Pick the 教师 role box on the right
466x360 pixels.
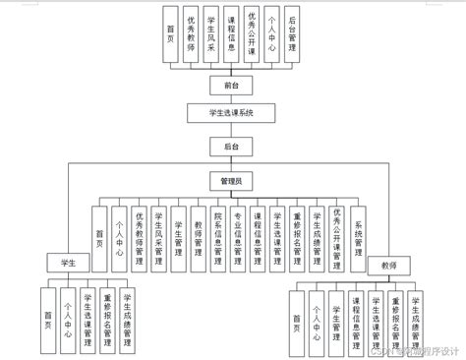[388, 266]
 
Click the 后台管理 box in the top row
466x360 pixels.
[296, 35]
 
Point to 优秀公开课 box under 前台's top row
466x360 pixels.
[253, 35]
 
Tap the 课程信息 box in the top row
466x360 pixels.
[231, 35]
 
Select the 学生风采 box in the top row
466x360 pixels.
[209, 35]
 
